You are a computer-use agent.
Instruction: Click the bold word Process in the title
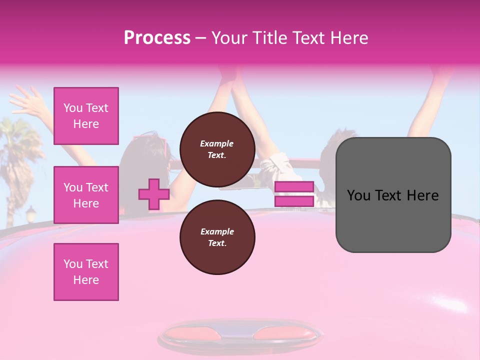157,37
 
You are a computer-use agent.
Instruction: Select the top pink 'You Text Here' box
86,116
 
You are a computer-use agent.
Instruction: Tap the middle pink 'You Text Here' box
86,195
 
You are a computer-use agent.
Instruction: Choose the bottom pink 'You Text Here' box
86,272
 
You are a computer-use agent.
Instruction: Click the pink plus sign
154,194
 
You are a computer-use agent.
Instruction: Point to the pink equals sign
294,194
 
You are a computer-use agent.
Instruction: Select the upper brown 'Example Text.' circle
217,149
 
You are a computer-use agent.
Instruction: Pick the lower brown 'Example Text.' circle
217,237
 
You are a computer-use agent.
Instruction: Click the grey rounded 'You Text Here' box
393,195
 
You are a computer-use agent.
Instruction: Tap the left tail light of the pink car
190,332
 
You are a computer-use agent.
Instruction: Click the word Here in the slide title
350,37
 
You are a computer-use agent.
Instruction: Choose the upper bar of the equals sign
294,187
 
